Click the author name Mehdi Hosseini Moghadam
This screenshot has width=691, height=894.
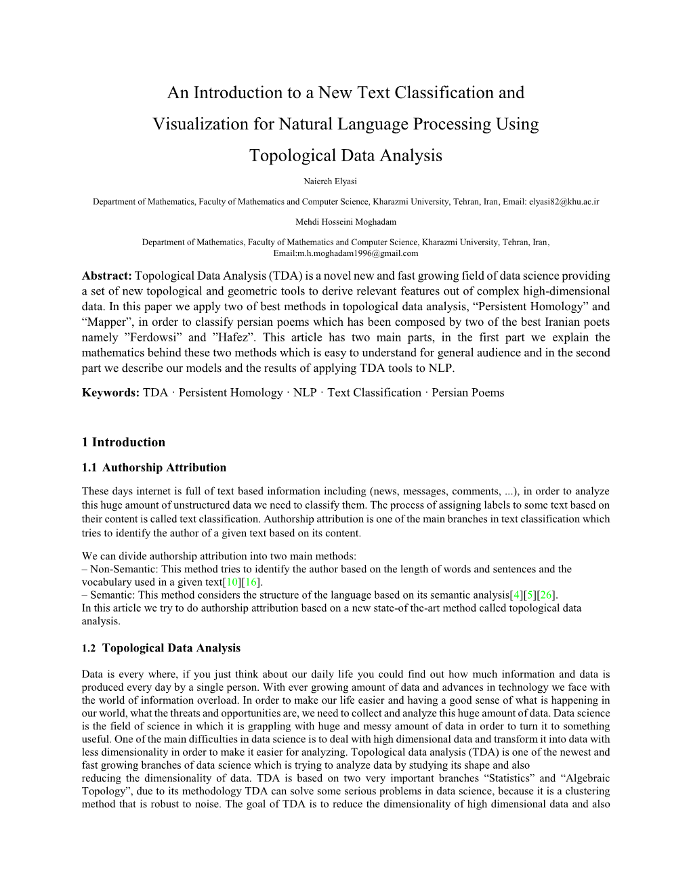point(345,221)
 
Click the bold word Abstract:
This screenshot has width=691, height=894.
point(107,276)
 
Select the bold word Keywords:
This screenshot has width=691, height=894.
point(110,393)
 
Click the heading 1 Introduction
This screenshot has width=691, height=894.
point(123,442)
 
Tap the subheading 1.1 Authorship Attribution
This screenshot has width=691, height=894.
point(154,467)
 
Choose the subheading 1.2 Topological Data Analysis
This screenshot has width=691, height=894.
point(161,648)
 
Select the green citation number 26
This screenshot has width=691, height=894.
point(547,595)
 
